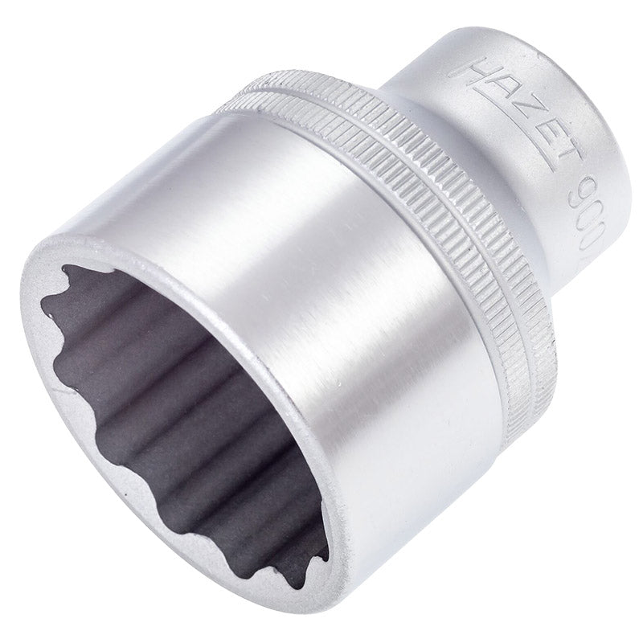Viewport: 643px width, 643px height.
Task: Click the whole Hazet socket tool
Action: [x=321, y=321]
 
